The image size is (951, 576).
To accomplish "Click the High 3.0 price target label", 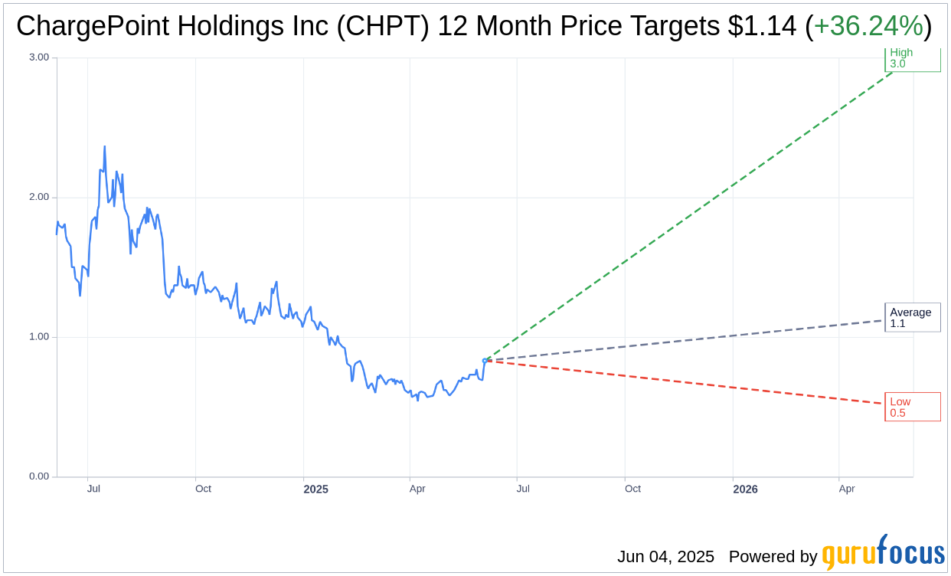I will click(x=912, y=58).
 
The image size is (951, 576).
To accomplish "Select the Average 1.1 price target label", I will click(x=912, y=318).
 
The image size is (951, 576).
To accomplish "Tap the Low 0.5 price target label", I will click(x=912, y=407).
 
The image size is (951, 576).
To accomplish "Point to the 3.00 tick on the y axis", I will click(x=38, y=57).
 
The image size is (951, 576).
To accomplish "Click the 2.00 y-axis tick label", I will click(x=38, y=197).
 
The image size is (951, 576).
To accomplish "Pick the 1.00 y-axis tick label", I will click(x=38, y=337).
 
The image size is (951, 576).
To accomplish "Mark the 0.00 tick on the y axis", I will click(x=38, y=476).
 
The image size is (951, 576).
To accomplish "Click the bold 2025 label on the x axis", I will click(x=315, y=489).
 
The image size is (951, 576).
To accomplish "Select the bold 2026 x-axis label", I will click(x=745, y=489).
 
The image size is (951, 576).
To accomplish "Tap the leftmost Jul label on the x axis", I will click(x=93, y=489).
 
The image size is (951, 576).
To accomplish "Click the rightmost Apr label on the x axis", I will click(x=846, y=489).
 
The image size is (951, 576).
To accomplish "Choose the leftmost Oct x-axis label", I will click(x=203, y=489).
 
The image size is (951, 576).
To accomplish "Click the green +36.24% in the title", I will click(x=868, y=27).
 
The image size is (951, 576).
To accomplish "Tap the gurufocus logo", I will click(x=883, y=553).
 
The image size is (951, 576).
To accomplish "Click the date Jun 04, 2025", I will click(x=665, y=557).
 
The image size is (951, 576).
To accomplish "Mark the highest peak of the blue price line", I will click(x=104, y=146).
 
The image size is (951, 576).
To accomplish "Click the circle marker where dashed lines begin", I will click(x=485, y=360).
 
